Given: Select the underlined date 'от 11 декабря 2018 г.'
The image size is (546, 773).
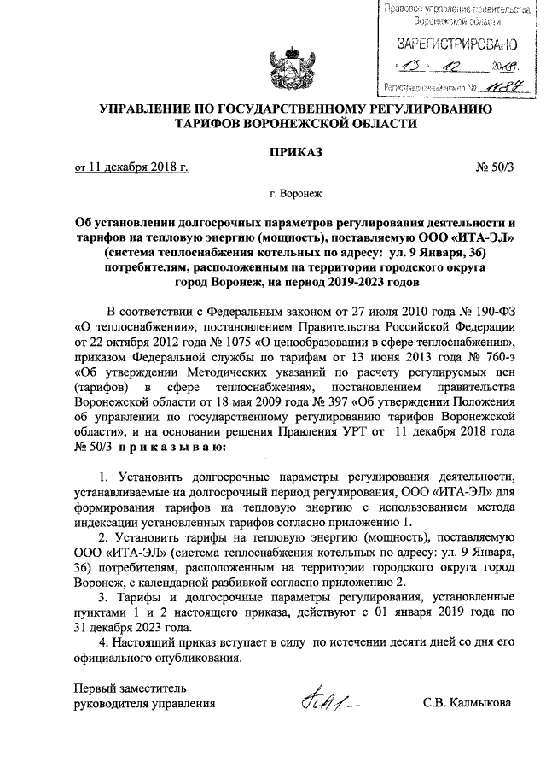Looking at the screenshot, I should [131, 168].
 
